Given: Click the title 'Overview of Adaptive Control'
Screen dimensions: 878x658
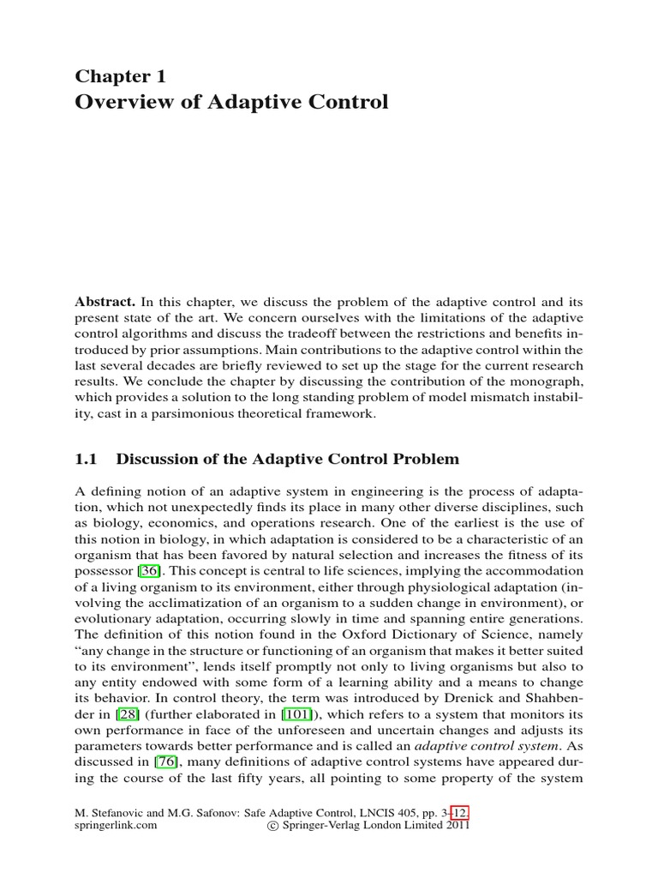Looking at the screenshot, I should (x=232, y=102).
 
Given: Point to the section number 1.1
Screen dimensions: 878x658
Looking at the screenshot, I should (x=89, y=459).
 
